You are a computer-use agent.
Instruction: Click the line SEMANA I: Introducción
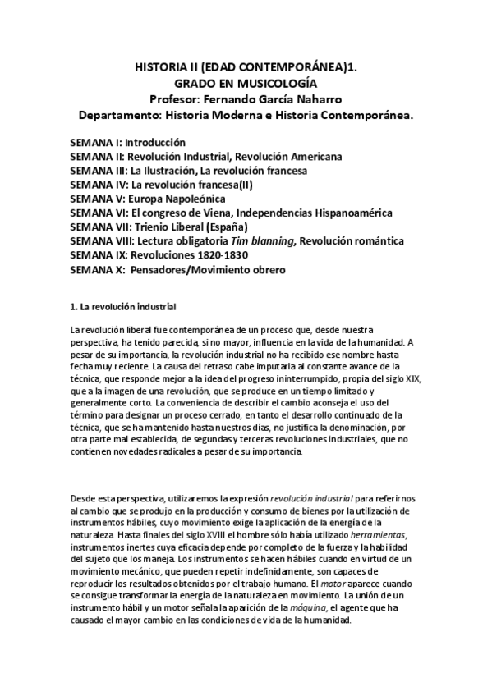click(x=128, y=142)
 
